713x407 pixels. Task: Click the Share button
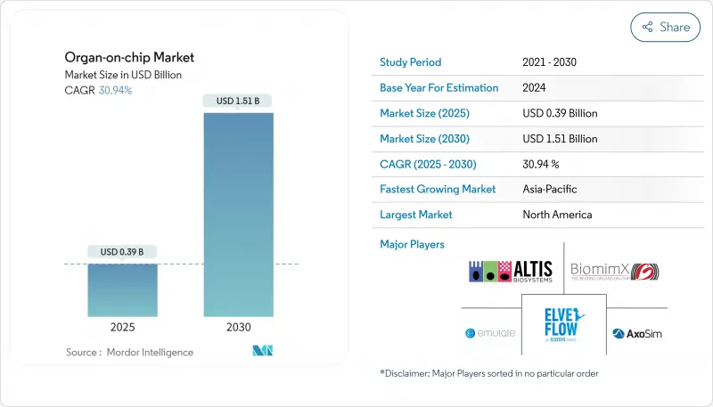665,27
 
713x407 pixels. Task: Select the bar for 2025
123,289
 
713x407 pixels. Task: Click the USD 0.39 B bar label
123,251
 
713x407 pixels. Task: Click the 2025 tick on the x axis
123,327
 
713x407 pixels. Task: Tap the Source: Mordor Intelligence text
129,353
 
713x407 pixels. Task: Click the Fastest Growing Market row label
438,190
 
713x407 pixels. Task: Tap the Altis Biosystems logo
512,271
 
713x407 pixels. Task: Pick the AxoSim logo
635,334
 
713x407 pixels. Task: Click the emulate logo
490,334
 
